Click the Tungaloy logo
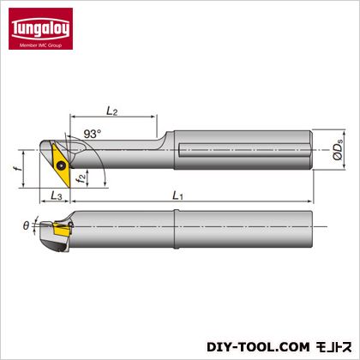40,29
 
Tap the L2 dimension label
112,111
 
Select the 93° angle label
93,134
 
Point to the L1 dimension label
177,195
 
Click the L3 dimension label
57,195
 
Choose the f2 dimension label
81,178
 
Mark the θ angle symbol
26,226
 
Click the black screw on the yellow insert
60,165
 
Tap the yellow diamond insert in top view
61,165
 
